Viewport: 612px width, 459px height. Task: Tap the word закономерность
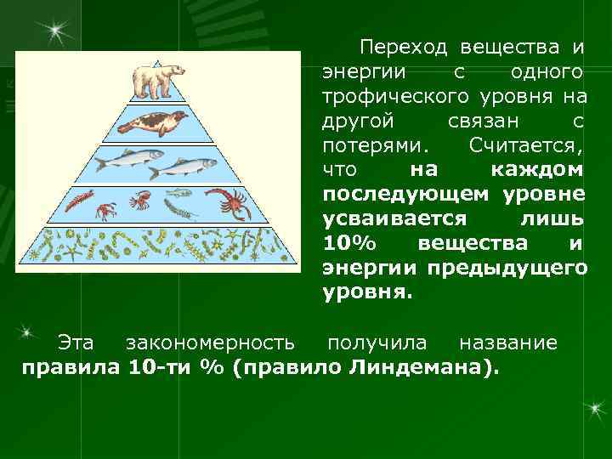pyautogui.click(x=211, y=343)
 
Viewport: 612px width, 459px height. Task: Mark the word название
pyautogui.click(x=508, y=343)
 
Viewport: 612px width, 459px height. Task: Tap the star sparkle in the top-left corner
pyautogui.click(x=56, y=32)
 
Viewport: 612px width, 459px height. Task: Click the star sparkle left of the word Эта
pyautogui.click(x=28, y=330)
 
